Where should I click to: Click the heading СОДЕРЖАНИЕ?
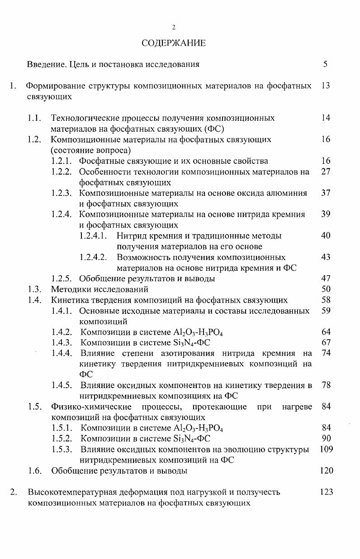point(173,43)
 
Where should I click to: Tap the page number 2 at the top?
point(174,28)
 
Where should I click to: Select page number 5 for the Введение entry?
point(325,64)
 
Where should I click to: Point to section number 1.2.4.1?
point(93,236)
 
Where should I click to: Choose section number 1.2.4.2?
point(93,257)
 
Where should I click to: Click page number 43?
point(326,257)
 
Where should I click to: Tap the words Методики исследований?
point(99,289)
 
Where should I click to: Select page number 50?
point(326,289)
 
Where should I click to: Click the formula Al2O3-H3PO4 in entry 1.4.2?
point(198,332)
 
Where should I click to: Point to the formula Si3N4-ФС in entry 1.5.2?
point(192,439)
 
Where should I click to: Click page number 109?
point(326,449)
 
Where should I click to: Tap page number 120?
point(326,471)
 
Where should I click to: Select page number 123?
point(326,492)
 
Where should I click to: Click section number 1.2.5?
point(62,279)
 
